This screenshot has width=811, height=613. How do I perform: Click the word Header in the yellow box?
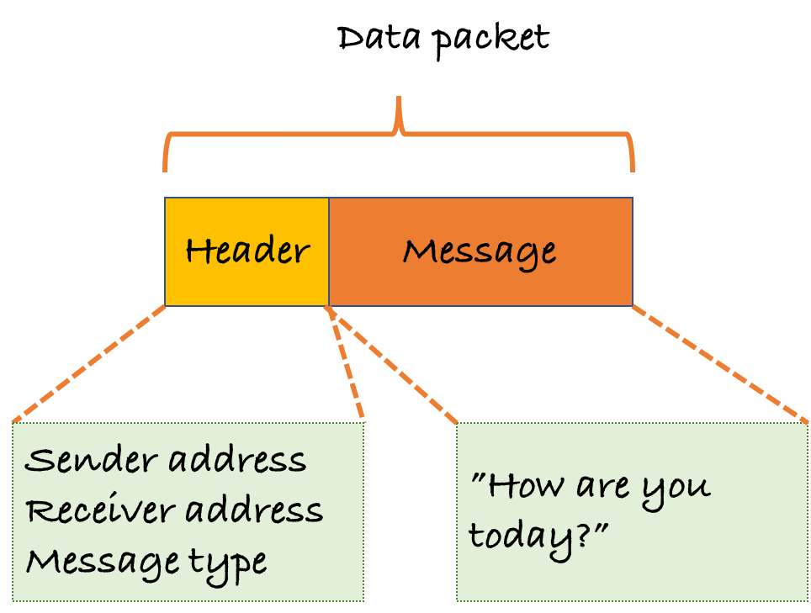(246, 251)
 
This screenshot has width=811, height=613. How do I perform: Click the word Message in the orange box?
(479, 251)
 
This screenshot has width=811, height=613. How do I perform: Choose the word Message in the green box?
(101, 562)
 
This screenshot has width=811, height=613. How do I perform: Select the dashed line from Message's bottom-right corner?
(720, 363)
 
